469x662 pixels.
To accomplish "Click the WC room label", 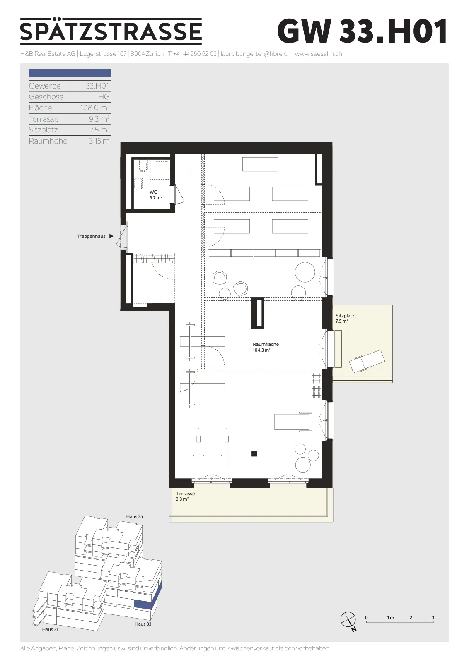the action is (x=156, y=195).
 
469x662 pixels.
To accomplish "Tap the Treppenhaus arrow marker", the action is (x=111, y=236).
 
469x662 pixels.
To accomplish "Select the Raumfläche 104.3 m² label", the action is (x=266, y=347).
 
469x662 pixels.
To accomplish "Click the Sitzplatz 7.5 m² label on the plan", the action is (x=345, y=318).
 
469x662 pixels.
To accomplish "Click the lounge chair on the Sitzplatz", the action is (x=367, y=361).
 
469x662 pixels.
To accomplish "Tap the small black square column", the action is (x=254, y=453).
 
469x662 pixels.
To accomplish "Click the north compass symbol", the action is (x=348, y=619).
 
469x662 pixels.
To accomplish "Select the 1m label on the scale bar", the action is (x=390, y=617).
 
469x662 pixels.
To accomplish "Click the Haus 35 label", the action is (x=134, y=516).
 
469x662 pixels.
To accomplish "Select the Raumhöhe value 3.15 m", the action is (x=99, y=141).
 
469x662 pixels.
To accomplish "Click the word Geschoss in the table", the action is (x=46, y=97).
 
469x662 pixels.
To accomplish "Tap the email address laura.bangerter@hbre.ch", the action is (x=256, y=54).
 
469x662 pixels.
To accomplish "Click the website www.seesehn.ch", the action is (x=318, y=54).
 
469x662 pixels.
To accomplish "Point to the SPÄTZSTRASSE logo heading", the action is (x=111, y=31).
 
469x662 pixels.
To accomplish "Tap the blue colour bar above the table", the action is (x=70, y=73).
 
